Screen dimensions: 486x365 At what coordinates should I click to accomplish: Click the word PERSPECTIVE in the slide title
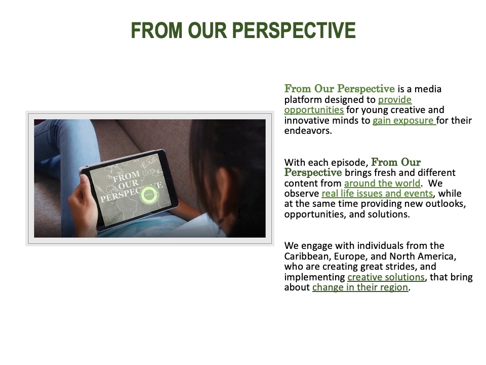pos(294,30)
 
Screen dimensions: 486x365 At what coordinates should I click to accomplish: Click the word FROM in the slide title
pos(156,30)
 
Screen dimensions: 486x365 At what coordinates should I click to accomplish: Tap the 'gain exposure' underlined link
pos(404,121)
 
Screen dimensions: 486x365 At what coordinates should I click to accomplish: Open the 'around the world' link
pos(382,183)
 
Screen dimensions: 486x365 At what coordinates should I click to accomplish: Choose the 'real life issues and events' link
pos(377,193)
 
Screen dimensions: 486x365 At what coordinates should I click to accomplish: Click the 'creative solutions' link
pos(386,277)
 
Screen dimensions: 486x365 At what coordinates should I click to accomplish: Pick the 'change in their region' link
pos(360,287)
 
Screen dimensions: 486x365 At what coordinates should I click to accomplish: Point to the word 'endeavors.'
pos(308,131)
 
